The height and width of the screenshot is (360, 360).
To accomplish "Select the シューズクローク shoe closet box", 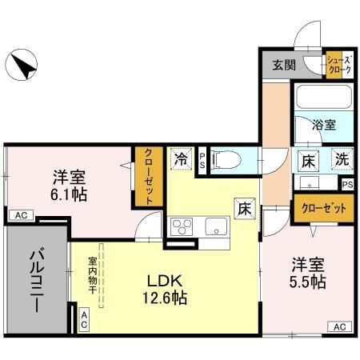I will (x=337, y=65).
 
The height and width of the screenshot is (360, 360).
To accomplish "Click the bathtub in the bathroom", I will (x=323, y=99).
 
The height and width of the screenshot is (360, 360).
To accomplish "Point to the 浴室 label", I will (x=323, y=125).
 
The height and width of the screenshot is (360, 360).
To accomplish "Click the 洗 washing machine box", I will (x=341, y=159).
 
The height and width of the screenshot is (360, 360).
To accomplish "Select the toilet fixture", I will (x=226, y=160).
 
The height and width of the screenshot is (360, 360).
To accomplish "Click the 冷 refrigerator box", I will (x=181, y=158).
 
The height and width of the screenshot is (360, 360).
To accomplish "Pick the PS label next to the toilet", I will (x=202, y=160).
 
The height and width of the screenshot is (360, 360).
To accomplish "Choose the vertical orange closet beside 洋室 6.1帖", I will (x=148, y=176).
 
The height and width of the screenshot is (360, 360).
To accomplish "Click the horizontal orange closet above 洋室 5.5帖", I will (x=324, y=210).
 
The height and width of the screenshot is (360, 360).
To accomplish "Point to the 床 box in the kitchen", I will (x=243, y=206).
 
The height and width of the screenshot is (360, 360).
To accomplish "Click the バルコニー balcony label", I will (x=37, y=280).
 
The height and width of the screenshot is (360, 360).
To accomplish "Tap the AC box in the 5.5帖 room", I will (x=338, y=326).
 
